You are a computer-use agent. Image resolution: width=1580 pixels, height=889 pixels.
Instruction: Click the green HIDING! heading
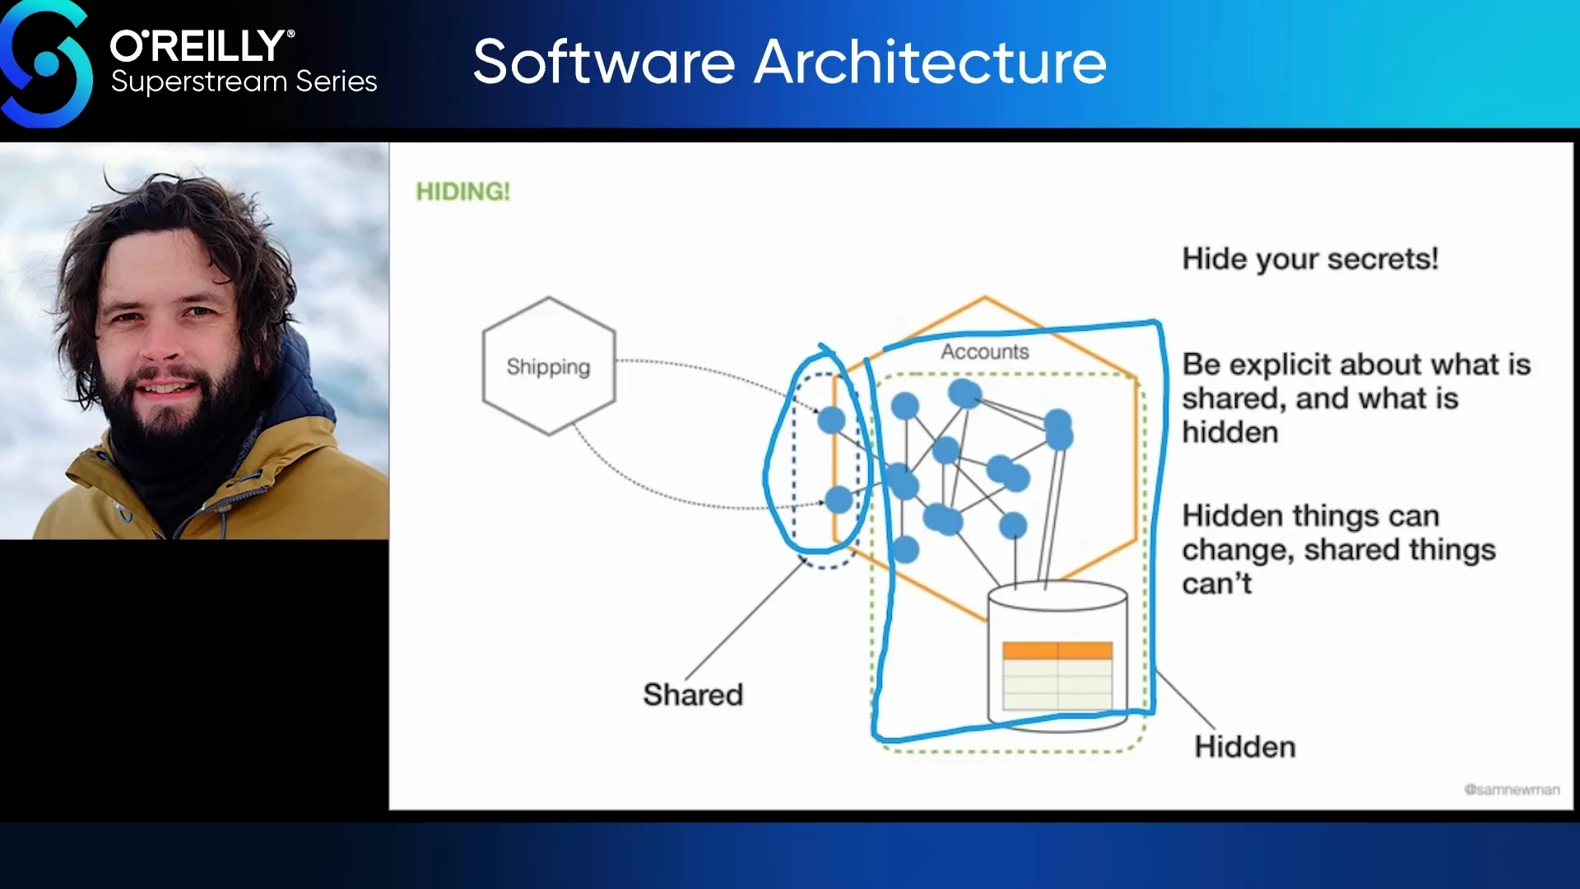point(462,192)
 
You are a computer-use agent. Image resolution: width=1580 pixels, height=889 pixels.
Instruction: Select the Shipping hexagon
point(548,366)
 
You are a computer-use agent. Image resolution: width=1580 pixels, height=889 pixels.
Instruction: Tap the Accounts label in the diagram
point(985,351)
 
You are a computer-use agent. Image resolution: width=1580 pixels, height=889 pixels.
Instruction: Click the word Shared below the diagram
point(693,695)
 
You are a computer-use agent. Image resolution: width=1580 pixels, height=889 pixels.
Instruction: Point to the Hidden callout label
point(1245,747)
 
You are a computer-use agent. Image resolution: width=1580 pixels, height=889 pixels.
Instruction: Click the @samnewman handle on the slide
point(1512,789)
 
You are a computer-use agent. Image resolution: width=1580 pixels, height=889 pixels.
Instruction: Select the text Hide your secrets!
point(1310,258)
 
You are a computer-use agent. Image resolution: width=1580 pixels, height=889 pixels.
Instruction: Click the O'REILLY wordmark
point(202,46)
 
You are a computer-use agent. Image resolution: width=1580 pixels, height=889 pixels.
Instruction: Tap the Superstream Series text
point(244,81)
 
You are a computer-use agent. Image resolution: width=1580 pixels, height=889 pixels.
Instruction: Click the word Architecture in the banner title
point(931,62)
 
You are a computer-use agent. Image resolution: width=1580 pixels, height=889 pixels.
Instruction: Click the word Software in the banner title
point(604,62)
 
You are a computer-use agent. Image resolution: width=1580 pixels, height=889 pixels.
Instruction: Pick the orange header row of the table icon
point(1057,651)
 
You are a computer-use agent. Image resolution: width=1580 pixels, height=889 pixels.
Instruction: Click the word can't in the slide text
point(1216,584)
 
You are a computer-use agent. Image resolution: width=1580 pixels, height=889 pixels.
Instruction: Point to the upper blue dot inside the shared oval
point(831,420)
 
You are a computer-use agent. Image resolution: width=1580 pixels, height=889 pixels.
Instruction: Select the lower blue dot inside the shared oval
point(839,499)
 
